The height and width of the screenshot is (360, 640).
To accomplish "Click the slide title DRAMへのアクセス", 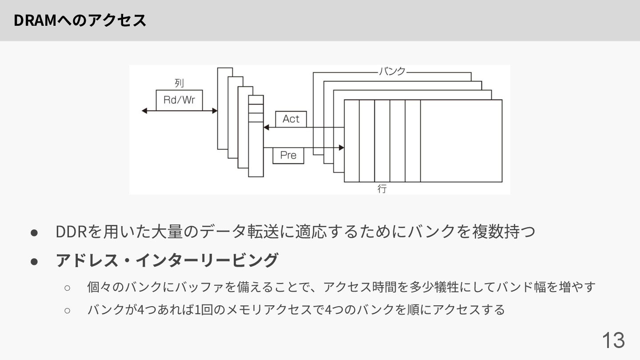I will [x=80, y=20].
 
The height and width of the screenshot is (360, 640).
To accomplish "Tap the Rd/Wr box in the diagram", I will [x=179, y=100].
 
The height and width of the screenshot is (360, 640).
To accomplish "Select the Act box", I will [x=291, y=119].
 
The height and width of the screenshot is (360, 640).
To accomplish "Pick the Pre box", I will [x=288, y=155].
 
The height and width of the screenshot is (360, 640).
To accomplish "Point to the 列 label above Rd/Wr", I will [x=179, y=83].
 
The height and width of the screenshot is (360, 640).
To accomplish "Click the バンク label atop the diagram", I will [x=392, y=72].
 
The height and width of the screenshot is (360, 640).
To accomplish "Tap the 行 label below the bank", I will [x=382, y=188].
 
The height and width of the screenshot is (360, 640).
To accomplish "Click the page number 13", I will [x=613, y=340].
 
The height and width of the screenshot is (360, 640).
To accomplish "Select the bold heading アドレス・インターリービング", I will [x=167, y=260].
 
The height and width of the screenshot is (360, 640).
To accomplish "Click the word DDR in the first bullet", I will [x=72, y=232].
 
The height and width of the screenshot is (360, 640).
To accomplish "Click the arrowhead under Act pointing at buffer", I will [x=266, y=128].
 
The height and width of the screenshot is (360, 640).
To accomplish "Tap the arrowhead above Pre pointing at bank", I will [x=342, y=148].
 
